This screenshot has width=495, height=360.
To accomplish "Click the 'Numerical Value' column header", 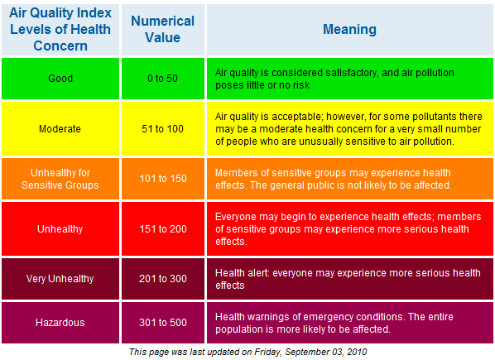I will [x=163, y=29].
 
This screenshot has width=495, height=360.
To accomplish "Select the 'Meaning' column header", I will [x=349, y=29].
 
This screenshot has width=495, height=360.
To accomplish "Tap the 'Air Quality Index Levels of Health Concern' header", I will [x=60, y=29].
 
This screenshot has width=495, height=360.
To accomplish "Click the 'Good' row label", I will [x=60, y=79].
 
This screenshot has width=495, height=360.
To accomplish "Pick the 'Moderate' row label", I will [x=60, y=129].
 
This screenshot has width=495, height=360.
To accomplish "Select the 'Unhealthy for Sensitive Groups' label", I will [x=60, y=179].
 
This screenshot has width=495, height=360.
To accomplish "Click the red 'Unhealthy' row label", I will [x=60, y=228].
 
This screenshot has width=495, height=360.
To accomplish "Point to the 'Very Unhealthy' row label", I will [x=60, y=279].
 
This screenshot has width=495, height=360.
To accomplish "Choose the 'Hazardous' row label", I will [x=60, y=323].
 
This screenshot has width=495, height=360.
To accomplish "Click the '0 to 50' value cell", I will [x=163, y=79].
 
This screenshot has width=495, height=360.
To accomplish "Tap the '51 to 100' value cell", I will [x=163, y=129].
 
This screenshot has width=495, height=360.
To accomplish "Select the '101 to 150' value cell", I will [x=163, y=179].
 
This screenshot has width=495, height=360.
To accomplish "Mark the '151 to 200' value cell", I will [x=163, y=228].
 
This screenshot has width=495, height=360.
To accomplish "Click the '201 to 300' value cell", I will [x=163, y=279].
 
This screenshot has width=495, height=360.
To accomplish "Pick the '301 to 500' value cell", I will [x=163, y=323].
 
